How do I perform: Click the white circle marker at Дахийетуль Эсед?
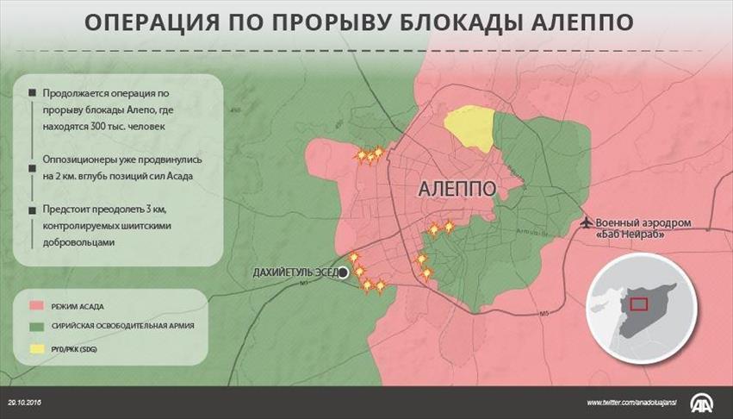(343, 272)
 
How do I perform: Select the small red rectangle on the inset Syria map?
(638, 303)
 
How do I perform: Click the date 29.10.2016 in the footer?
(25, 402)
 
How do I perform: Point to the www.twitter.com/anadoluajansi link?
(631, 403)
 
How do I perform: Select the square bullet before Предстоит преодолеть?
(32, 209)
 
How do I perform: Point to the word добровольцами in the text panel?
(78, 242)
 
